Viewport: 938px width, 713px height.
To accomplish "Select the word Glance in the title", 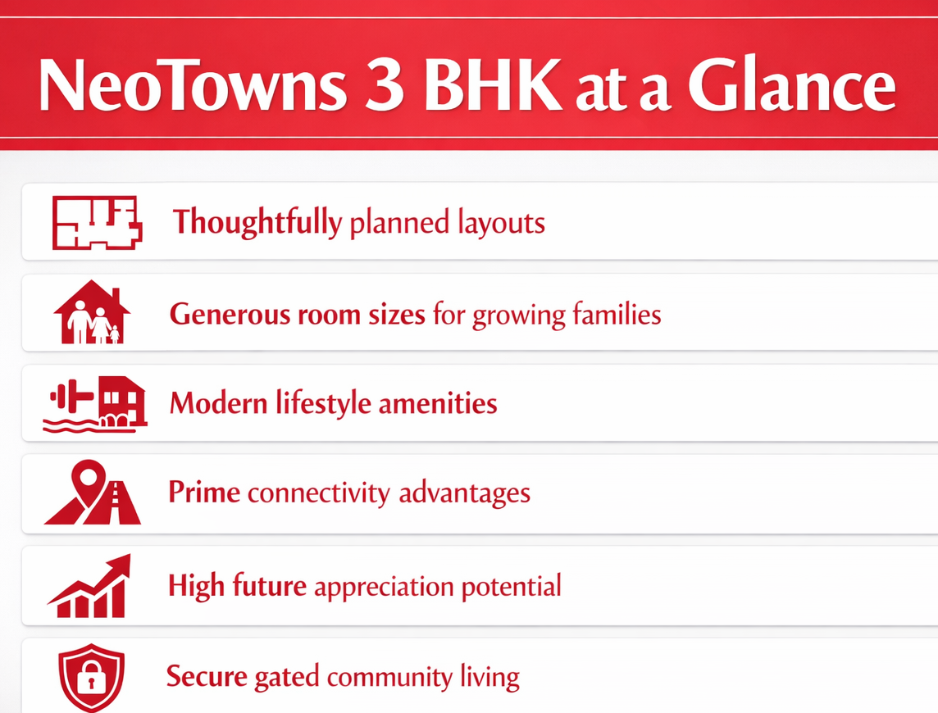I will click(x=791, y=86).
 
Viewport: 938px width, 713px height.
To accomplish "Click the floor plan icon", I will click(x=97, y=222).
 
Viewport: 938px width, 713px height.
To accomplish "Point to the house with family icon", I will click(x=92, y=313).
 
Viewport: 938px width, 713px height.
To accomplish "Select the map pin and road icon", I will click(x=93, y=493).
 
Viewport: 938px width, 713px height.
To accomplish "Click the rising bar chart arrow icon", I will click(x=90, y=586).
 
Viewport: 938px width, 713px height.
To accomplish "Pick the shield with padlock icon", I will click(x=92, y=678).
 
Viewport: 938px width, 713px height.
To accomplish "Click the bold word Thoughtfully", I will click(x=257, y=223).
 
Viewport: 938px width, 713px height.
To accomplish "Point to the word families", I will click(x=616, y=314).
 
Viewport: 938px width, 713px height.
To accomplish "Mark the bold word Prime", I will click(x=203, y=493).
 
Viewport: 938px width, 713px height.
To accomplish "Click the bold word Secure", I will click(x=207, y=678).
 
